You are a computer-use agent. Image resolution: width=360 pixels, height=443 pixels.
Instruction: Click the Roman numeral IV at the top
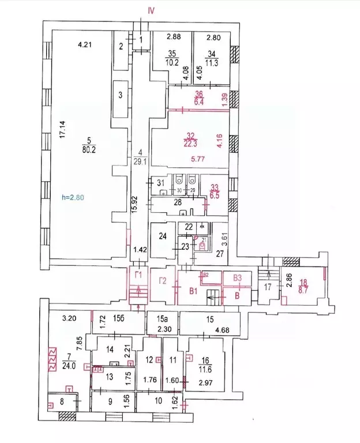(x=151, y=10)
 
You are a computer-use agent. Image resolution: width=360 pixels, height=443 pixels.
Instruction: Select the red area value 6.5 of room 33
(x=215, y=195)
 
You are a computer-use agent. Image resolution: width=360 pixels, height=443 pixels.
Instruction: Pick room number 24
(x=163, y=236)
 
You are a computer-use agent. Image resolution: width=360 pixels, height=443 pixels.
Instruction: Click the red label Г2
(x=163, y=281)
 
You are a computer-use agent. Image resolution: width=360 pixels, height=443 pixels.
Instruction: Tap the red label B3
(x=237, y=278)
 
